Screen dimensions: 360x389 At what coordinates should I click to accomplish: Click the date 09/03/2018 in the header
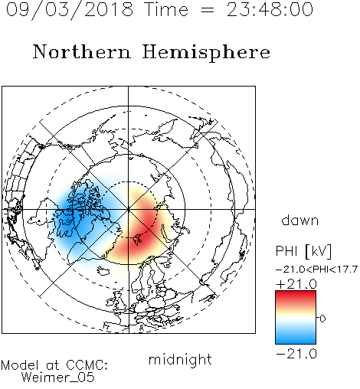[70, 9]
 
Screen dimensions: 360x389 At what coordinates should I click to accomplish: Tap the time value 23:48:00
[270, 9]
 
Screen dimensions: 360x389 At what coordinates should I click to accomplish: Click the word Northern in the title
[82, 52]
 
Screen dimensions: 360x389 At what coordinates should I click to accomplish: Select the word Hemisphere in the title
[206, 53]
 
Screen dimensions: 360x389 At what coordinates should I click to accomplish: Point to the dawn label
[300, 220]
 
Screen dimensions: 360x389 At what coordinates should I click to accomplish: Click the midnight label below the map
[180, 360]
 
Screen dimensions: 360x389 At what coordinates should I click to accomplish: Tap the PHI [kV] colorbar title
[303, 251]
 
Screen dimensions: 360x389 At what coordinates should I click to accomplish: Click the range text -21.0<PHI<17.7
[316, 270]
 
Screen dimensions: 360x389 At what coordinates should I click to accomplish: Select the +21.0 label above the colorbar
[296, 284]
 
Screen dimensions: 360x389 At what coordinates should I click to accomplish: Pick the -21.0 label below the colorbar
[296, 354]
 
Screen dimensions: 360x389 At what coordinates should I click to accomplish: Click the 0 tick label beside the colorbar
[322, 319]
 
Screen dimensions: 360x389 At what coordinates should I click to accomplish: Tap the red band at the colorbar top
[296, 296]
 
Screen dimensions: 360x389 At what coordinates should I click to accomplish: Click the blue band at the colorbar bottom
[296, 338]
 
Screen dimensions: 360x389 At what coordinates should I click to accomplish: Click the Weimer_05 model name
[58, 378]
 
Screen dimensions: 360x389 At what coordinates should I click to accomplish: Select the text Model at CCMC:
[54, 365]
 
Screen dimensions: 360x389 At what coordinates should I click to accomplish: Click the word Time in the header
[166, 9]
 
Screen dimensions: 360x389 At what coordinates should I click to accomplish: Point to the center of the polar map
[129, 209]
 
